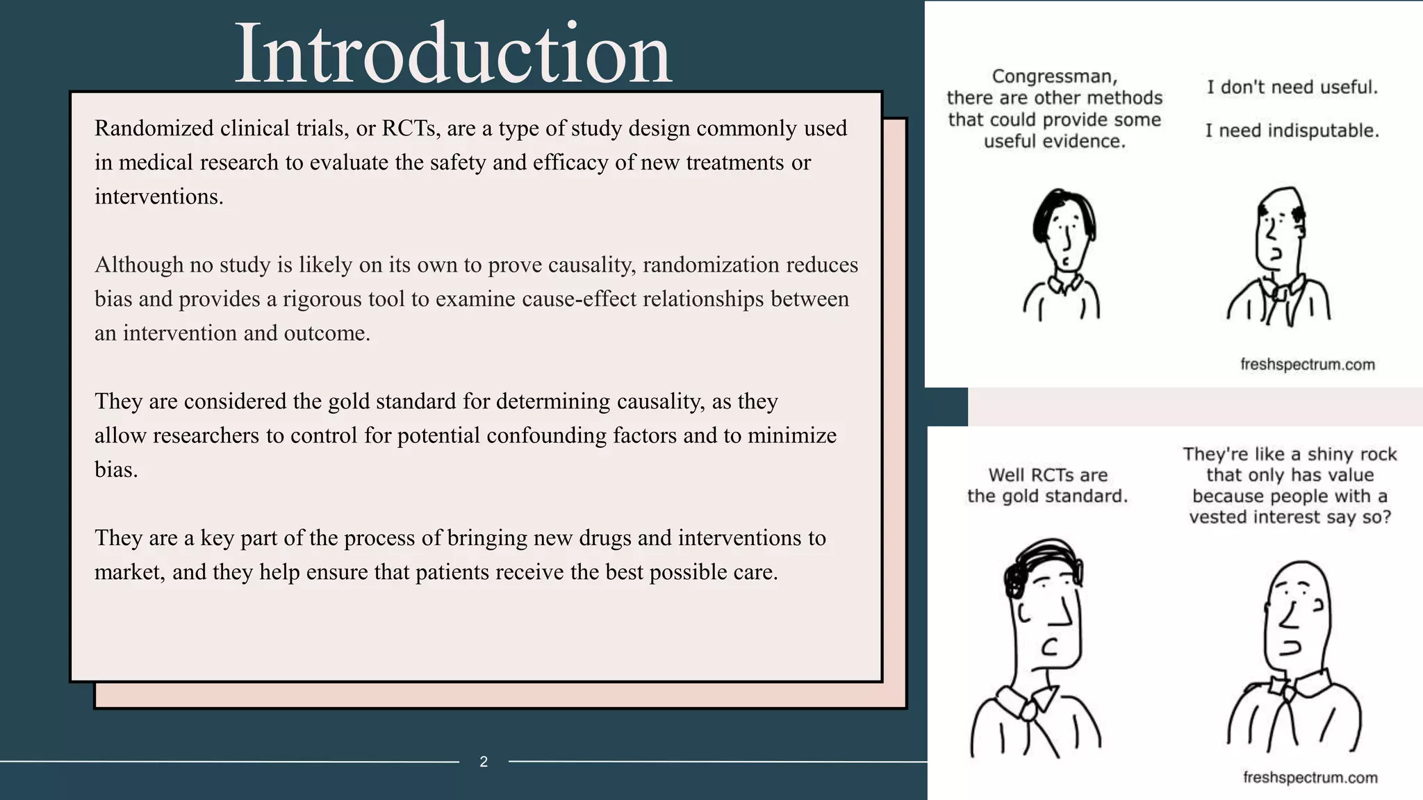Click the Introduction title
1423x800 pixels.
453,54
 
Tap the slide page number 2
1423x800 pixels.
484,762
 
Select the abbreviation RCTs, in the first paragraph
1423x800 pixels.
411,128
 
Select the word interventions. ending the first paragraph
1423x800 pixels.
159,197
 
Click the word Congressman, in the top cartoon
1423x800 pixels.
1054,76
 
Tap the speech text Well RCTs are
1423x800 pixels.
1048,475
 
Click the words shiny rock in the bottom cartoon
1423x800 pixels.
1334,454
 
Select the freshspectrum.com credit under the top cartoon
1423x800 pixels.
1307,365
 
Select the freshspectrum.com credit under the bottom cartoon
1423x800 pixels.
1310,777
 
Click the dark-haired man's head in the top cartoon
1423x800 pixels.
1064,229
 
